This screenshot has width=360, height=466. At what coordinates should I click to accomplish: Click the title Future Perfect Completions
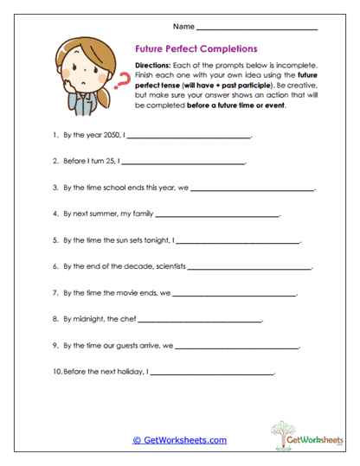tap(200, 50)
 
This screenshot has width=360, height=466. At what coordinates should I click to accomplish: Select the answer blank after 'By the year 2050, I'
tap(189, 137)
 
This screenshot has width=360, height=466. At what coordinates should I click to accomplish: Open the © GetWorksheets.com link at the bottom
tap(180, 440)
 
